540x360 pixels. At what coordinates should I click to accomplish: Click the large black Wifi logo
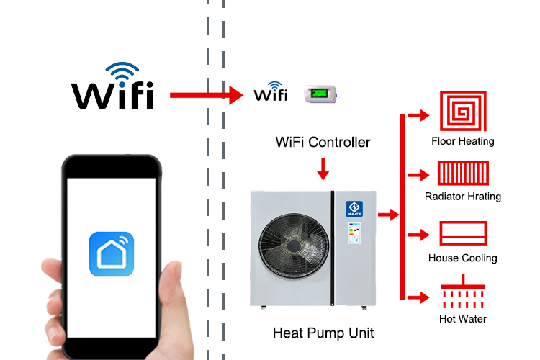[x=112, y=88]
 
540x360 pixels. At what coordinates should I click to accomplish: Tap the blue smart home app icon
[x=112, y=253]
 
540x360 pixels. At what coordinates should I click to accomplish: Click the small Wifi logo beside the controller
[x=271, y=94]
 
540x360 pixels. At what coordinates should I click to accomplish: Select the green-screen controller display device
[x=320, y=94]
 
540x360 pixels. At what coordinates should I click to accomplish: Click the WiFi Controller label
[x=323, y=142]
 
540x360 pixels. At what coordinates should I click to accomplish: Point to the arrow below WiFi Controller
[x=323, y=170]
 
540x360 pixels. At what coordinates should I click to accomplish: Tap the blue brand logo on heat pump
[x=354, y=206]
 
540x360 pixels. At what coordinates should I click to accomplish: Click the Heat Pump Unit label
[x=323, y=333]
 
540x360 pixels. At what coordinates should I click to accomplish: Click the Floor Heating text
[x=462, y=141]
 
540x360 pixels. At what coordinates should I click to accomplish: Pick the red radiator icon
[x=462, y=174]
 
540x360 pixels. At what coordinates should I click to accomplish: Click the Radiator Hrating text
[x=462, y=196]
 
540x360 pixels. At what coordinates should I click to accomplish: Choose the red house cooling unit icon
[x=462, y=233]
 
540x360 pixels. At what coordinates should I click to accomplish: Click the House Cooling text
[x=462, y=258]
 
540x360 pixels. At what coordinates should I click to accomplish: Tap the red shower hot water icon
[x=462, y=295]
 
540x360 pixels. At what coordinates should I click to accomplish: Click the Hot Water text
[x=462, y=318]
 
